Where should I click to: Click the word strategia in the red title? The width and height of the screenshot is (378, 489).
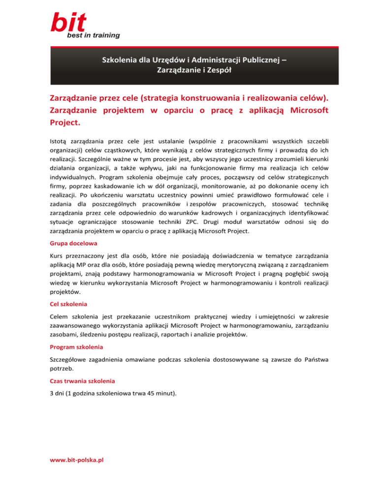153,98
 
